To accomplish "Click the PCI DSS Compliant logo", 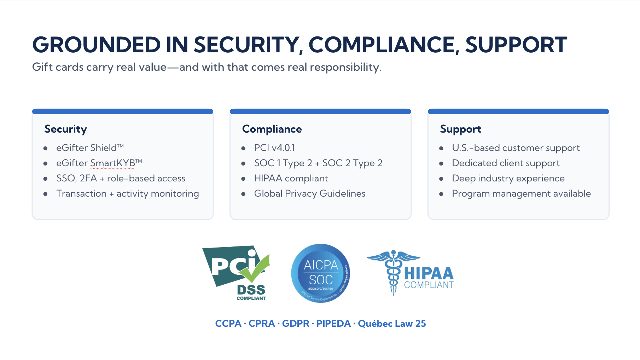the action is coord(236,273).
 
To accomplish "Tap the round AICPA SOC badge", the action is coord(321,273).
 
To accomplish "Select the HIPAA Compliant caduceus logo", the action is coord(410,273).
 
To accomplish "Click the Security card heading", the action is coord(65,129).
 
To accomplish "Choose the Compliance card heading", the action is coord(272,129).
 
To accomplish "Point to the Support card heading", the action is coord(460,129).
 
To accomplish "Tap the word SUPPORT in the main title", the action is coord(516,45).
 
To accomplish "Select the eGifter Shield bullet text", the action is coord(90,147).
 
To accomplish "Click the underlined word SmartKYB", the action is coord(112,163).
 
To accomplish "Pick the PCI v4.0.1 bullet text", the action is coord(274,147).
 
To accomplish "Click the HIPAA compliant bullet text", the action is coord(291,178).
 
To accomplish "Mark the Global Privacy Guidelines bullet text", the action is coord(310,193).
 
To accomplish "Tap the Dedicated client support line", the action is coord(506,163).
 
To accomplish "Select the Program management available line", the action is coord(521,193).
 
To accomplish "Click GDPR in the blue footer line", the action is coord(296,324).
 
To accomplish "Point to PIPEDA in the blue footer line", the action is coord(333,324).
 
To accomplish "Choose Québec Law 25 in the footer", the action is coord(392,323).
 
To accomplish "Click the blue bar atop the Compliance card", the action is coord(320,111).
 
